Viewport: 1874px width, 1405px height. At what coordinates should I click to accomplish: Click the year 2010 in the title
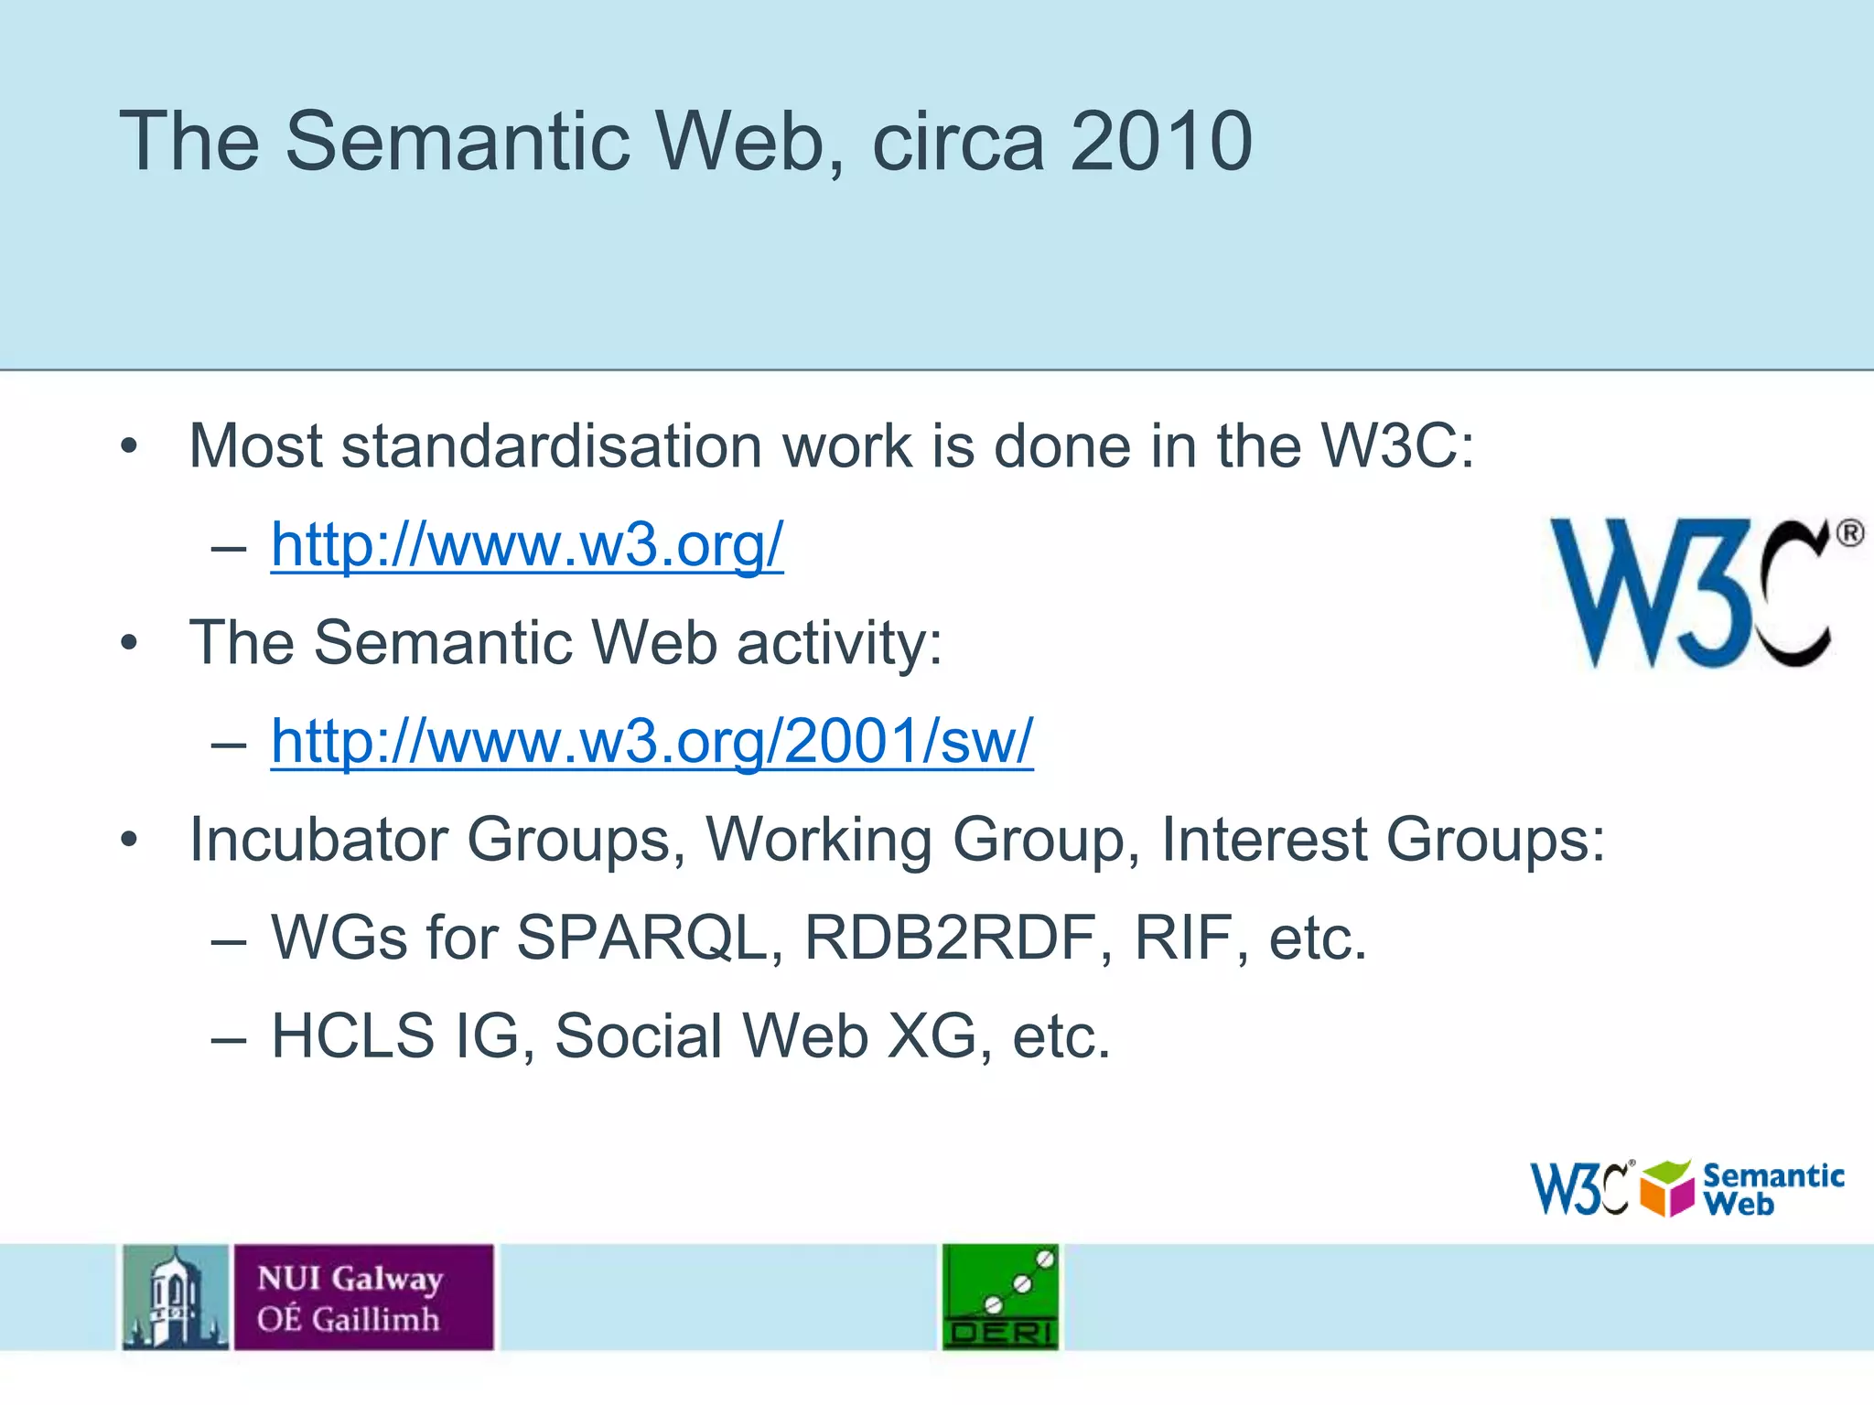pyautogui.click(x=1160, y=142)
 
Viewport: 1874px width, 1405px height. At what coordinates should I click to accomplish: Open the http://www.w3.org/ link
pyautogui.click(x=527, y=545)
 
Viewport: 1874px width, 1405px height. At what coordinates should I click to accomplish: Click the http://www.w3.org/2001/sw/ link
pyautogui.click(x=652, y=741)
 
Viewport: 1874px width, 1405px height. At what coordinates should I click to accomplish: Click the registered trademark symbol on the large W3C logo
pyautogui.click(x=1849, y=533)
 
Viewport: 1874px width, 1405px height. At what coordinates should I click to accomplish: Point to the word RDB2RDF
pyautogui.click(x=958, y=938)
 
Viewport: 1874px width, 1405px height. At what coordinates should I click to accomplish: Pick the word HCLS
pyautogui.click(x=353, y=1036)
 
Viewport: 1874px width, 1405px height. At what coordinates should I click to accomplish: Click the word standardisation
pyautogui.click(x=551, y=446)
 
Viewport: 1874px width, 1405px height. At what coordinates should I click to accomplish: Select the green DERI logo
pyautogui.click(x=1000, y=1296)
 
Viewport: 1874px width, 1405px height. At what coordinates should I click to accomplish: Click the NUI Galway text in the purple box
pyautogui.click(x=350, y=1278)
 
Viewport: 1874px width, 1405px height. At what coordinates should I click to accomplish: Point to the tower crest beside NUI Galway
pyautogui.click(x=176, y=1296)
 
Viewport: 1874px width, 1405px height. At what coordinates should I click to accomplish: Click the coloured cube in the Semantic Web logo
pyautogui.click(x=1667, y=1188)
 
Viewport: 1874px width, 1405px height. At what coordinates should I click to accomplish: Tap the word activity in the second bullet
pyautogui.click(x=839, y=643)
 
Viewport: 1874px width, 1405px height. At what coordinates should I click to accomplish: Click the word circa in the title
pyautogui.click(x=958, y=142)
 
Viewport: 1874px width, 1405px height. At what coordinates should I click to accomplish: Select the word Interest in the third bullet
pyautogui.click(x=1264, y=840)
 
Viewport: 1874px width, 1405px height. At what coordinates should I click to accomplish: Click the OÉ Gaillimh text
pyautogui.click(x=348, y=1319)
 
